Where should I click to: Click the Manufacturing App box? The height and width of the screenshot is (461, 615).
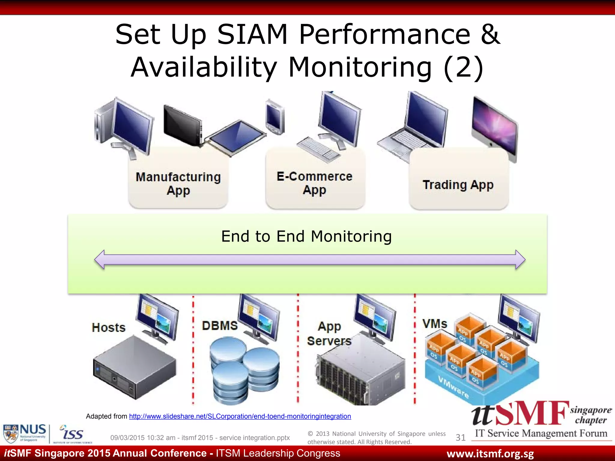tap(178, 183)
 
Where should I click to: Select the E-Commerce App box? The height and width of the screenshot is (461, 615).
tap(314, 183)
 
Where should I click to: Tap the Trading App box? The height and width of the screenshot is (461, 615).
tap(458, 185)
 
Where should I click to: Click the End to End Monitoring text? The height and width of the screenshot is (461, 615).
tap(306, 236)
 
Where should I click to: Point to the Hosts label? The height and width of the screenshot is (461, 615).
tap(109, 327)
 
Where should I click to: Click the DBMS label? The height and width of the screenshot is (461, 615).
tap(220, 326)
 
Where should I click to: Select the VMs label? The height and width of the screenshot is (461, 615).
tap(435, 324)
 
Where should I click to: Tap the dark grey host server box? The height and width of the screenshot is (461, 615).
tap(135, 367)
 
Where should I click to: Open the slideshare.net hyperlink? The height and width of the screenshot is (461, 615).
tap(240, 416)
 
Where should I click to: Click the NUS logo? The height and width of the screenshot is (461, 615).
tap(25, 433)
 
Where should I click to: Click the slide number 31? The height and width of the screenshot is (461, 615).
tap(460, 438)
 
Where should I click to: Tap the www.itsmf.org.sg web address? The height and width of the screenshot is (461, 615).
tap(490, 454)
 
